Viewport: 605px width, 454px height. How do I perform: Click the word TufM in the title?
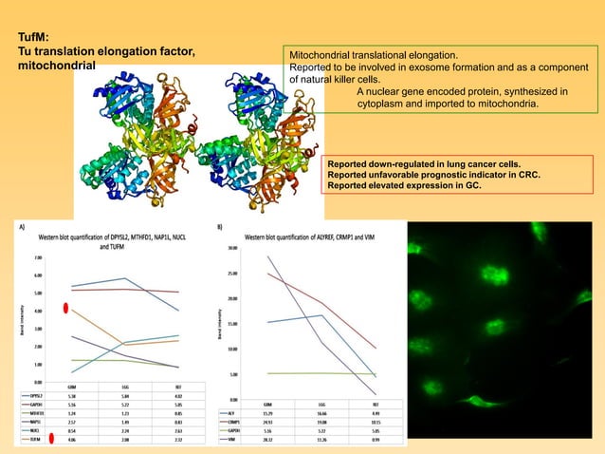(x=34, y=36)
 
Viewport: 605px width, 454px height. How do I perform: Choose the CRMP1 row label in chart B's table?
(x=235, y=422)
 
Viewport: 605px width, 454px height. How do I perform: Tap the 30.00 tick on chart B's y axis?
(x=232, y=248)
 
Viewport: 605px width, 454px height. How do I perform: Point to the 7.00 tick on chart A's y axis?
(x=36, y=257)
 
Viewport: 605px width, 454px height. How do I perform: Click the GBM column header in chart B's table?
(x=269, y=404)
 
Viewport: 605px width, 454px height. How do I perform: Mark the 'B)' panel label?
(x=220, y=228)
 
